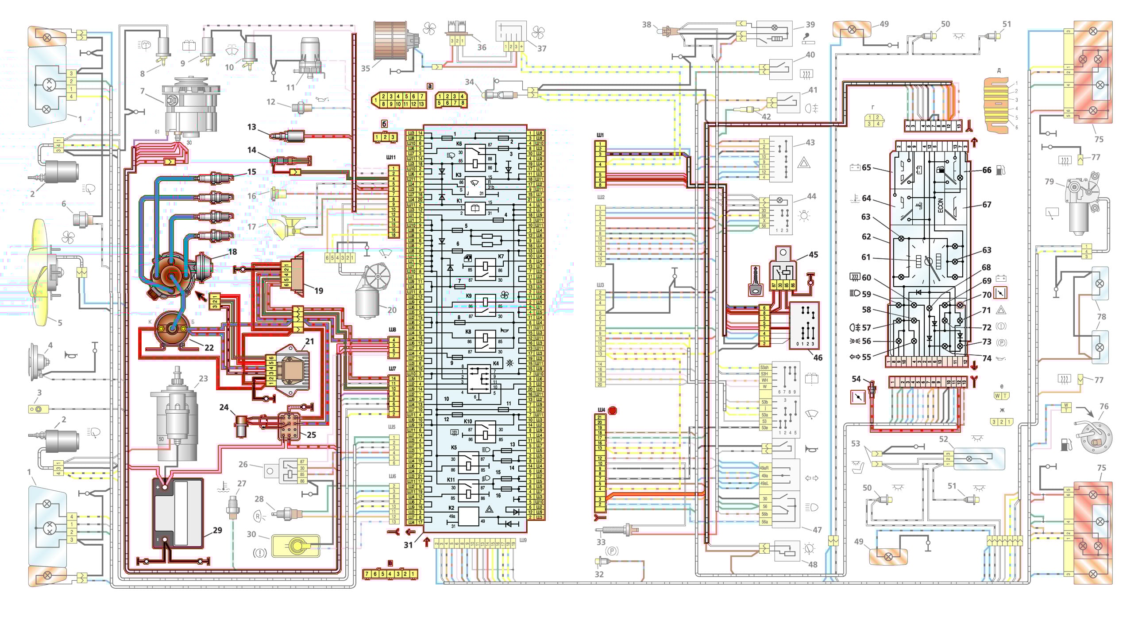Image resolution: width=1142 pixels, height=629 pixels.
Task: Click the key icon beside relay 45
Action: [x=755, y=281]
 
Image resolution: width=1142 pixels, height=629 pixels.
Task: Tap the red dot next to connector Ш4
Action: [x=612, y=411]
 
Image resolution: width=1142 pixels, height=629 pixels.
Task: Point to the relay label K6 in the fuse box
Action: [x=459, y=144]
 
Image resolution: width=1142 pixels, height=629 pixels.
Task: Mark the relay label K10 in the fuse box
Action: [x=468, y=421]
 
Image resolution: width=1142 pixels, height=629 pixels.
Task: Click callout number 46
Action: [x=818, y=357]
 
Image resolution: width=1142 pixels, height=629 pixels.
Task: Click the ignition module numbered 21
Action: [x=291, y=370]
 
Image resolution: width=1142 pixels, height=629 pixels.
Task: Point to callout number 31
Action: [x=408, y=545]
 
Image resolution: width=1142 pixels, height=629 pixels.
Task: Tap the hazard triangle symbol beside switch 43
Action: [x=804, y=163]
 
